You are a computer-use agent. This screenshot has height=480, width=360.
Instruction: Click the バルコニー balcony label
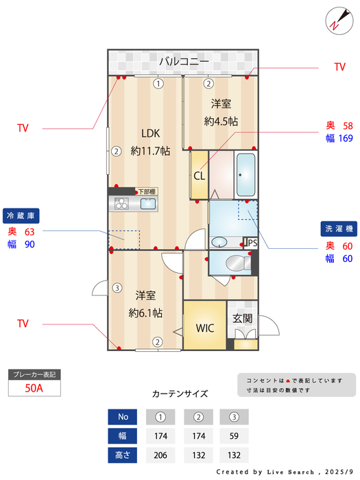(x=184, y=62)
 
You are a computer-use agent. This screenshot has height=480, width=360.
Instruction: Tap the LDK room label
(x=150, y=134)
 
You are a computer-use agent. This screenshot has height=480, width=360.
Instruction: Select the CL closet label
(x=199, y=176)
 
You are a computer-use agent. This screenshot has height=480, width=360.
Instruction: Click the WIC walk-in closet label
(x=205, y=328)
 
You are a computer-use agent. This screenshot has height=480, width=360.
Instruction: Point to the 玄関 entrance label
(x=242, y=319)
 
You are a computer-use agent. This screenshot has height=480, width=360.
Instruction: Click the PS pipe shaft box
(x=252, y=243)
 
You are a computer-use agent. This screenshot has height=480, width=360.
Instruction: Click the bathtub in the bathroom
(x=246, y=175)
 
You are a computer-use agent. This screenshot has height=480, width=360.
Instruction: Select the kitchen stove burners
(x=121, y=204)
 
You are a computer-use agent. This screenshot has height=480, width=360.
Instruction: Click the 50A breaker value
(x=34, y=387)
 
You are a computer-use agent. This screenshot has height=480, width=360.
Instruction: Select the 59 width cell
(x=233, y=435)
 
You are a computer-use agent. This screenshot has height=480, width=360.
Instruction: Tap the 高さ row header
(x=123, y=455)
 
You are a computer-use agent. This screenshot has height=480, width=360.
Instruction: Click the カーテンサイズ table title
(x=180, y=394)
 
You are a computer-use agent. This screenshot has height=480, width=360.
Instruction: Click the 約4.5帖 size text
(x=221, y=121)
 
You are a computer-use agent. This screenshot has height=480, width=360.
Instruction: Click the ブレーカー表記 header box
(x=34, y=374)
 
